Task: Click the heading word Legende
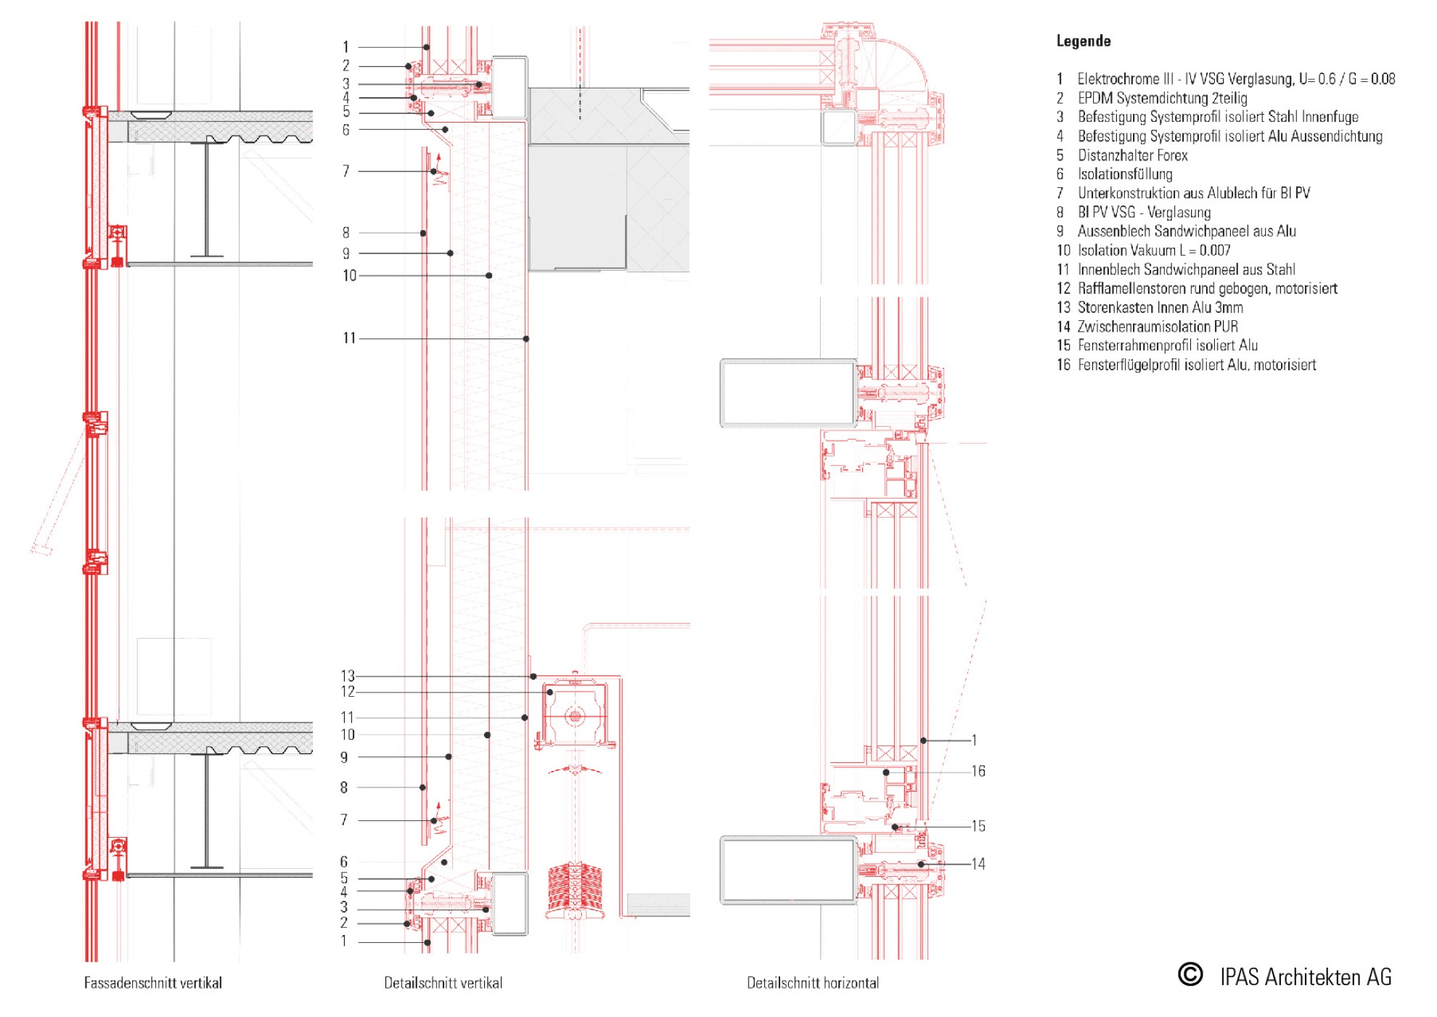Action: pyautogui.click(x=1083, y=41)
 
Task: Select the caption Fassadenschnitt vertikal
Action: pyautogui.click(x=153, y=983)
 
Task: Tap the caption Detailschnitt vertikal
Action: pyautogui.click(x=443, y=983)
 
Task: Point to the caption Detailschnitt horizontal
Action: pyautogui.click(x=813, y=983)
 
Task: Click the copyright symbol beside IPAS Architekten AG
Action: pyautogui.click(x=1190, y=974)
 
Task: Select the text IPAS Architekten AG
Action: pyautogui.click(x=1306, y=977)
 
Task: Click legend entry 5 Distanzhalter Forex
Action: pyautogui.click(x=1122, y=155)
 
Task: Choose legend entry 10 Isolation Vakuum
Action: pyautogui.click(x=1143, y=250)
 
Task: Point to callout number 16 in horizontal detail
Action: pyautogui.click(x=978, y=771)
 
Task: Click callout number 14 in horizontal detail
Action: pyautogui.click(x=978, y=864)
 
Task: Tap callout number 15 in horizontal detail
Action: pyautogui.click(x=978, y=826)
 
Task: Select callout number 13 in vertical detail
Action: pyautogui.click(x=348, y=676)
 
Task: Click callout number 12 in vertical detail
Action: pyautogui.click(x=348, y=692)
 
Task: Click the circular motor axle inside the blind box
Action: pyautogui.click(x=575, y=717)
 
